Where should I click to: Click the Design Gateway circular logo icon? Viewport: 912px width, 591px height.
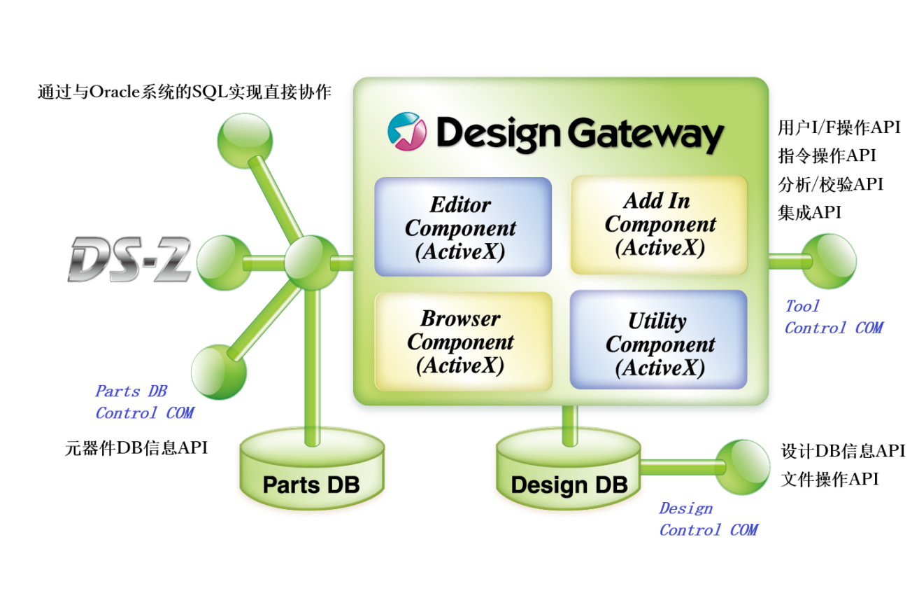(x=407, y=131)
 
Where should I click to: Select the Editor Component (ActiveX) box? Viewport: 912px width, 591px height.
(x=462, y=228)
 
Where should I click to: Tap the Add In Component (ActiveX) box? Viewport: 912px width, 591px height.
(x=659, y=224)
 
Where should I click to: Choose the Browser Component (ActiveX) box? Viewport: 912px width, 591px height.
(x=462, y=342)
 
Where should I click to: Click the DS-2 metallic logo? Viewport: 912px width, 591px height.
(x=129, y=260)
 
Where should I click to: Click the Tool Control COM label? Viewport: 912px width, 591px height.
(x=832, y=317)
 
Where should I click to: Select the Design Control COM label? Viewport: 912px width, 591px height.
(x=707, y=519)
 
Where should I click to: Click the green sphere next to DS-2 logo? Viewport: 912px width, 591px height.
(x=223, y=263)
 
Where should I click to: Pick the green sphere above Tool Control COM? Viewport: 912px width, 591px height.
(x=828, y=260)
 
